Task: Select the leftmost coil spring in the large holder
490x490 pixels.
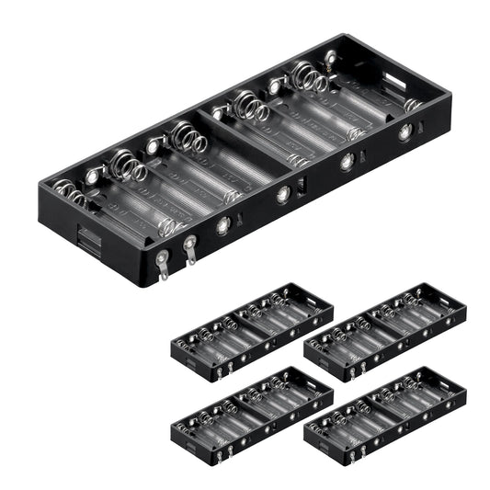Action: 69,193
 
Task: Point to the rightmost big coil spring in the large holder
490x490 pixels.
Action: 309,77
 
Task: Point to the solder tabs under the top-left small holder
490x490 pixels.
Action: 221,371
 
